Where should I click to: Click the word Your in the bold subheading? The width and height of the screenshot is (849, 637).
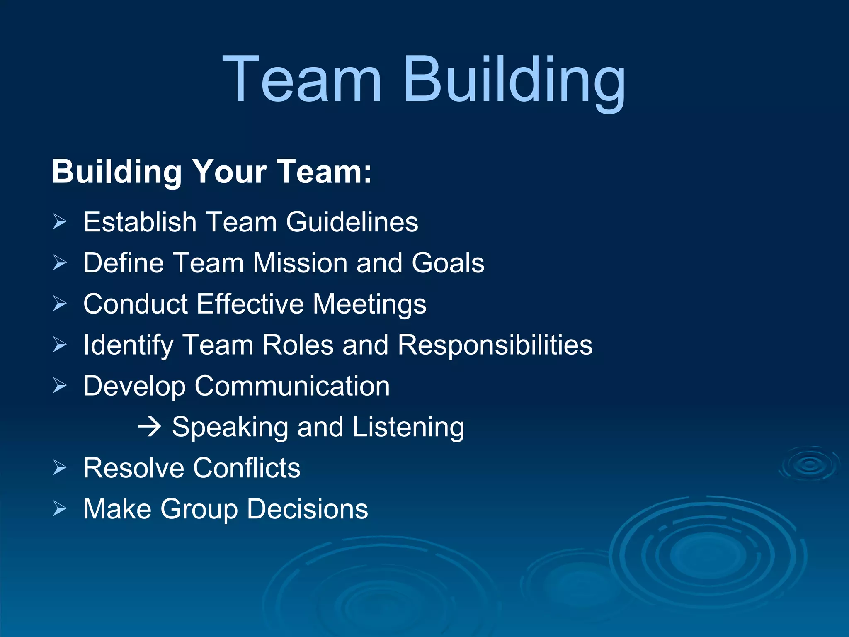[x=230, y=172]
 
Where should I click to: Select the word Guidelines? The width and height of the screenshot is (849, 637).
[x=352, y=222]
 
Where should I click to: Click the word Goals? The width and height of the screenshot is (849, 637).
[x=448, y=263]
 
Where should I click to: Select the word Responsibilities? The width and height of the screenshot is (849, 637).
[x=495, y=345]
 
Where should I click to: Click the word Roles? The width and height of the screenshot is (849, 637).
[x=298, y=345]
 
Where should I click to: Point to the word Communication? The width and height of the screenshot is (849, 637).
[x=292, y=386]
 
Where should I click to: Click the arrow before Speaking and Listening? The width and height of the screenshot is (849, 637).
[x=149, y=427]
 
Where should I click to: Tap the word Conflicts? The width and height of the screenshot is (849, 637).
[x=247, y=468]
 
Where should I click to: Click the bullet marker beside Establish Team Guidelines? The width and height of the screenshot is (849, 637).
[x=60, y=222]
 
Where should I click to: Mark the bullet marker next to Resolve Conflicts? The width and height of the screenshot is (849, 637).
[x=60, y=468]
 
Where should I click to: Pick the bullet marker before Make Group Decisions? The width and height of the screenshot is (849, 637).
[x=60, y=508]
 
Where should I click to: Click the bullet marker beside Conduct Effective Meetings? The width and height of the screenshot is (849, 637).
[x=60, y=304]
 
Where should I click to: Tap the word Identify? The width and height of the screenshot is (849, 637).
[x=128, y=345]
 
